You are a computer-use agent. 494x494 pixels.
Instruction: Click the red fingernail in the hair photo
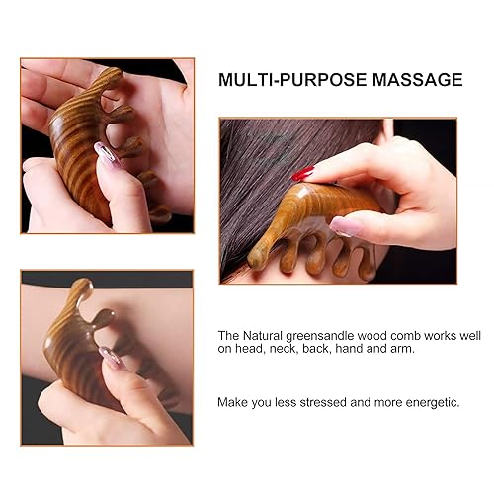coord(302,174)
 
